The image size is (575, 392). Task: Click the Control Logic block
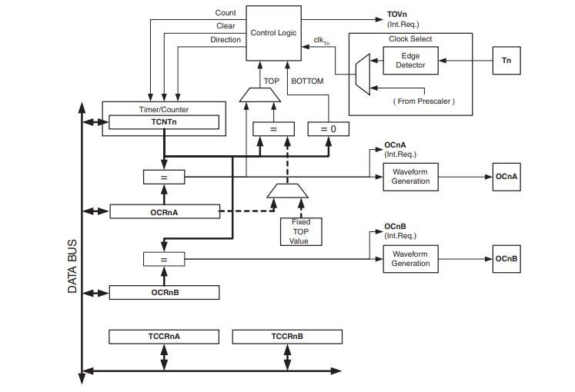(273, 33)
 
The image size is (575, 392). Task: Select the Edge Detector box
(410, 60)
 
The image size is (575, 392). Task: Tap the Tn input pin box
(506, 60)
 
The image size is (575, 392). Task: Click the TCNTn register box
(164, 122)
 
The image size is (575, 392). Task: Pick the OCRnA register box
(164, 211)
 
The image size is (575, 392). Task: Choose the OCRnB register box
(164, 292)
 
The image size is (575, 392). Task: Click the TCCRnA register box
(164, 337)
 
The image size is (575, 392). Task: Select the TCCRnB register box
(287, 337)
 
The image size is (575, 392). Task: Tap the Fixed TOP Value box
(300, 231)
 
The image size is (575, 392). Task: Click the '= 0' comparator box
(328, 129)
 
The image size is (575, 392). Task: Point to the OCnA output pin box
(506, 177)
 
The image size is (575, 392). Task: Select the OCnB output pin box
(506, 259)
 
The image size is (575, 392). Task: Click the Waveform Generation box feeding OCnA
(410, 177)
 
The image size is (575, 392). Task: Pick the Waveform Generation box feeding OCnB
(410, 259)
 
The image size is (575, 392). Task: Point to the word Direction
(226, 40)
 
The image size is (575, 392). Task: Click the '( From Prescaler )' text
(423, 101)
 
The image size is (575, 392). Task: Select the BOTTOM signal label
(307, 81)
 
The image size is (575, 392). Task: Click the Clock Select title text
(410, 38)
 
